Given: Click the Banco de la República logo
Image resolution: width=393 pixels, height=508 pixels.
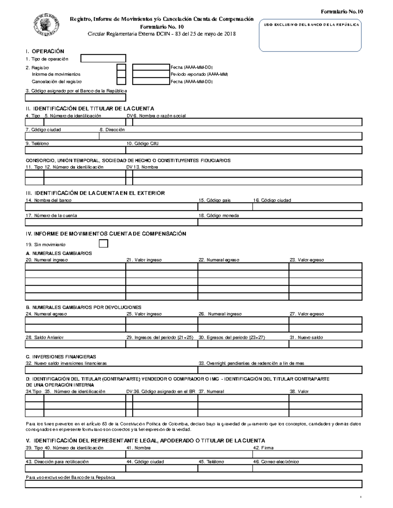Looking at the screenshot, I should pyautogui.click(x=46, y=25).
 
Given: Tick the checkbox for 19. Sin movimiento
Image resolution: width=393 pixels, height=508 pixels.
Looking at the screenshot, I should pyautogui.click(x=103, y=244).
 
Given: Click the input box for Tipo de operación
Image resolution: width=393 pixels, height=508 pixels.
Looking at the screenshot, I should pyautogui.click(x=103, y=59).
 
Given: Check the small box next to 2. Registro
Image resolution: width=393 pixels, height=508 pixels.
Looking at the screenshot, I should pyautogui.click(x=121, y=68).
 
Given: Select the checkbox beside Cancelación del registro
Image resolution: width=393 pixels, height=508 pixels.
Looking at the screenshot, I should pyautogui.click(x=121, y=81).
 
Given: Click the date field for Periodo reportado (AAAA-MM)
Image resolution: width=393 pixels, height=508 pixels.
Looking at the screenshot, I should pyautogui.click(x=151, y=74).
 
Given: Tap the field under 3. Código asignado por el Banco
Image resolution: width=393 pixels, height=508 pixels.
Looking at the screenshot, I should pyautogui.click(x=75, y=97).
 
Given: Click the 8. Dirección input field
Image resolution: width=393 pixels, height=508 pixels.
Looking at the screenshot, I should pyautogui.click(x=231, y=136).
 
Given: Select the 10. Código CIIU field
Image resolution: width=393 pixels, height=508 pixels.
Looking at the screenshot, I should pyautogui.click(x=244, y=150).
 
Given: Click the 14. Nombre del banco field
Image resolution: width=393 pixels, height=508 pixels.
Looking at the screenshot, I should pyautogui.click(x=111, y=207).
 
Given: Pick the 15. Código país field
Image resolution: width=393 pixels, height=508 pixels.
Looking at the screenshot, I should pyautogui.click(x=225, y=207).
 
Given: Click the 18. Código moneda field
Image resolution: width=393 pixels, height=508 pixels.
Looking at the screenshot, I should pyautogui.click(x=280, y=222).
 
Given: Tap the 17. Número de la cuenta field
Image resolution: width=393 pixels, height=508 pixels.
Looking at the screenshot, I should pyautogui.click(x=111, y=222).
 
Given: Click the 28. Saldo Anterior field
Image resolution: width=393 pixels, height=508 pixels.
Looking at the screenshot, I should pyautogui.click(x=75, y=344).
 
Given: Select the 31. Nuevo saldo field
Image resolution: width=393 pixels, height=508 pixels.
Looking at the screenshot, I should pyautogui.click(x=325, y=344).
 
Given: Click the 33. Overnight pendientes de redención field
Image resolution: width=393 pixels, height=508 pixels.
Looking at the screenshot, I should pyautogui.click(x=280, y=370).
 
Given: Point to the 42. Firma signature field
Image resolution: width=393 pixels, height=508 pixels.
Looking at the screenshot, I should pyautogui.click(x=307, y=454).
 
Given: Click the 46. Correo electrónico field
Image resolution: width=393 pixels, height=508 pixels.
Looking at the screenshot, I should pyautogui.click(x=307, y=468).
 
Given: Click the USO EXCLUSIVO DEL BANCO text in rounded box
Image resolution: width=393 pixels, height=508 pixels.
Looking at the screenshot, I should pyautogui.click(x=310, y=25).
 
